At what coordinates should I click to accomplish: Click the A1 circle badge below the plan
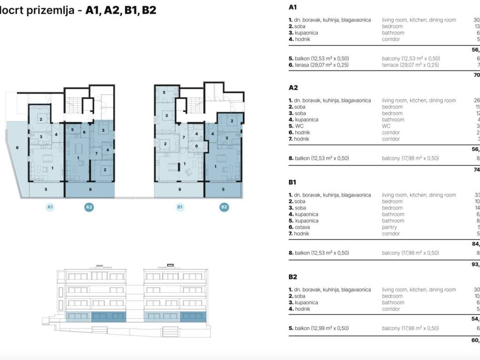(50, 207)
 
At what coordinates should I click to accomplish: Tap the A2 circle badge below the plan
(89, 207)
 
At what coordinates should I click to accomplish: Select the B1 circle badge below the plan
(180, 207)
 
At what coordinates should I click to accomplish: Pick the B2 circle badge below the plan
(224, 207)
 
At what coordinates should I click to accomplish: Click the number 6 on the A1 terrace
(17, 148)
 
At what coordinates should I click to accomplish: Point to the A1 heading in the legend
(293, 7)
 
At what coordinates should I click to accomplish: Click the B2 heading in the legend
(293, 277)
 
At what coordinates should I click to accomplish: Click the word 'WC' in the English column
(386, 126)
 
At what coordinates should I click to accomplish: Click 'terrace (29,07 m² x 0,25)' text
(410, 65)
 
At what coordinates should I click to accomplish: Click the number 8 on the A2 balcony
(90, 190)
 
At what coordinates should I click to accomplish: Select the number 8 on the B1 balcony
(180, 190)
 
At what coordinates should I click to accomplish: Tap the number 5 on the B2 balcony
(223, 190)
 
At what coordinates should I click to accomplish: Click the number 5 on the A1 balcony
(46, 190)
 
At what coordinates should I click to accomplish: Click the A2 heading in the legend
(293, 88)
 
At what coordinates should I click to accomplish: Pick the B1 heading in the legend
(293, 182)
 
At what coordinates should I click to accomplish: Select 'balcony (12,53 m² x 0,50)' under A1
(411, 59)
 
